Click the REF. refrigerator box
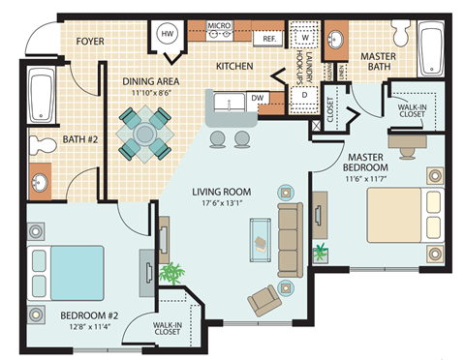(x=267, y=41)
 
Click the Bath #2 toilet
(x=41, y=144)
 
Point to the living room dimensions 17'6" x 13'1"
(x=226, y=204)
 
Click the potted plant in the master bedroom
(x=320, y=254)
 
